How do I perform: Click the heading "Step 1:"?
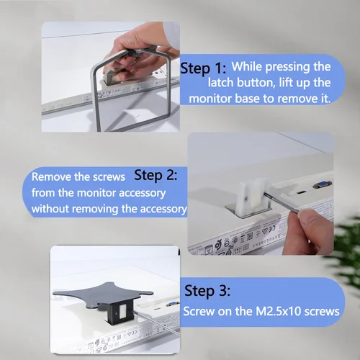coord(203,68)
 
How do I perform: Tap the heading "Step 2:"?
coord(156,176)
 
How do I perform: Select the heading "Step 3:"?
coord(207,291)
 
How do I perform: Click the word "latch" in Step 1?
coord(220,83)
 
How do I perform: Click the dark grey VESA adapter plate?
coord(103,294)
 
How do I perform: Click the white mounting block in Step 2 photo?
coord(250,195)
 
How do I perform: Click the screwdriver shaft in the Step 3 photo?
coord(156,323)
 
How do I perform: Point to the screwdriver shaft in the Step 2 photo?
coord(282,202)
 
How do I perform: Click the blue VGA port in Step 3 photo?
coord(172,304)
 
